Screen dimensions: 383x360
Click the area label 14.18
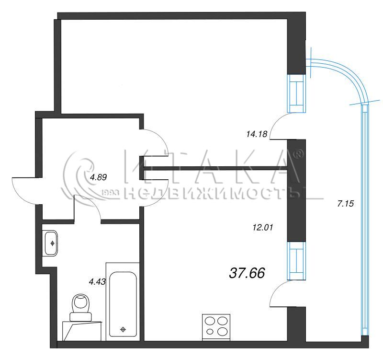257,134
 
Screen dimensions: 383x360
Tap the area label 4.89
98,177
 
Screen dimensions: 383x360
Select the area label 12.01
262,228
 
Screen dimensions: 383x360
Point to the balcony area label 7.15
345,203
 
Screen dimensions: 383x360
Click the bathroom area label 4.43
97,282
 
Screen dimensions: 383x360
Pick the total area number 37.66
247,273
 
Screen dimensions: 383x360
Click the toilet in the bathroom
80,307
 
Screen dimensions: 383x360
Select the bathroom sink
51,243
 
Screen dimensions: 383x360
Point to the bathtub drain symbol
123,329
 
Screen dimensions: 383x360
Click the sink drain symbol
52,243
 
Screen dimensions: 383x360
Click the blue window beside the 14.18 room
296,93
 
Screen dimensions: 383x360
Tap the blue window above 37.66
296,261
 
